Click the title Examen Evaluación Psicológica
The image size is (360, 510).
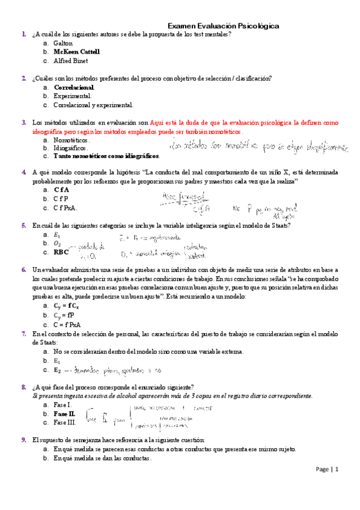pos(222,26)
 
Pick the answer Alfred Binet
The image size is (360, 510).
pos(71,61)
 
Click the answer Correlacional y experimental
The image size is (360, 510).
pos(93,105)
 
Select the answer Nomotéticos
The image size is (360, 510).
pos(71,140)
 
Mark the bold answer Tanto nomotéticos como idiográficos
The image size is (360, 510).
pos(106,156)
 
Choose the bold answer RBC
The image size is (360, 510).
pos(61,252)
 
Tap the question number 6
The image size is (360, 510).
pos(23,269)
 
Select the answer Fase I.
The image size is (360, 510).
pos(63,405)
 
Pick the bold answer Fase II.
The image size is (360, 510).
pos(64,414)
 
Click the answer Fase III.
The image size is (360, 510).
pos(65,423)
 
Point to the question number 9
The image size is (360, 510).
pos(23,440)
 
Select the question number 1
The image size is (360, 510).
pos(23,35)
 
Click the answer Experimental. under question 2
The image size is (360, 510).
pos(72,96)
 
